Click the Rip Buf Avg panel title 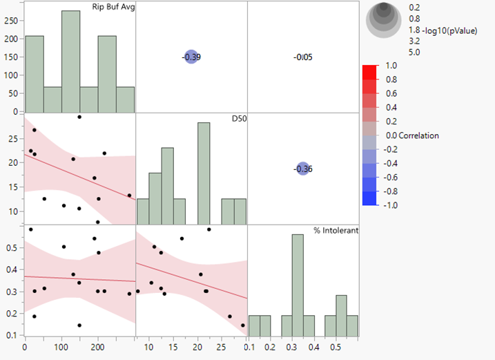[113, 8]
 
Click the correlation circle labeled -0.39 [191, 57]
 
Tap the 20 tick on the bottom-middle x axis [197, 346]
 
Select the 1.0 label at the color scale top [391, 66]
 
